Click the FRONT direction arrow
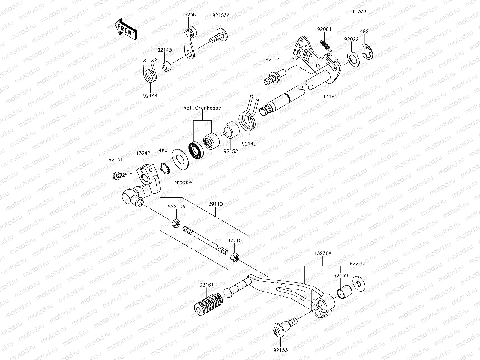click(x=126, y=29)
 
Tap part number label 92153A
click(x=221, y=15)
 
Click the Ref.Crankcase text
click(x=202, y=108)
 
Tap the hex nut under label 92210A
click(x=176, y=223)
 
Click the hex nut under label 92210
click(x=235, y=257)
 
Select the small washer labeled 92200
click(x=358, y=283)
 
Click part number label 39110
click(x=215, y=204)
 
